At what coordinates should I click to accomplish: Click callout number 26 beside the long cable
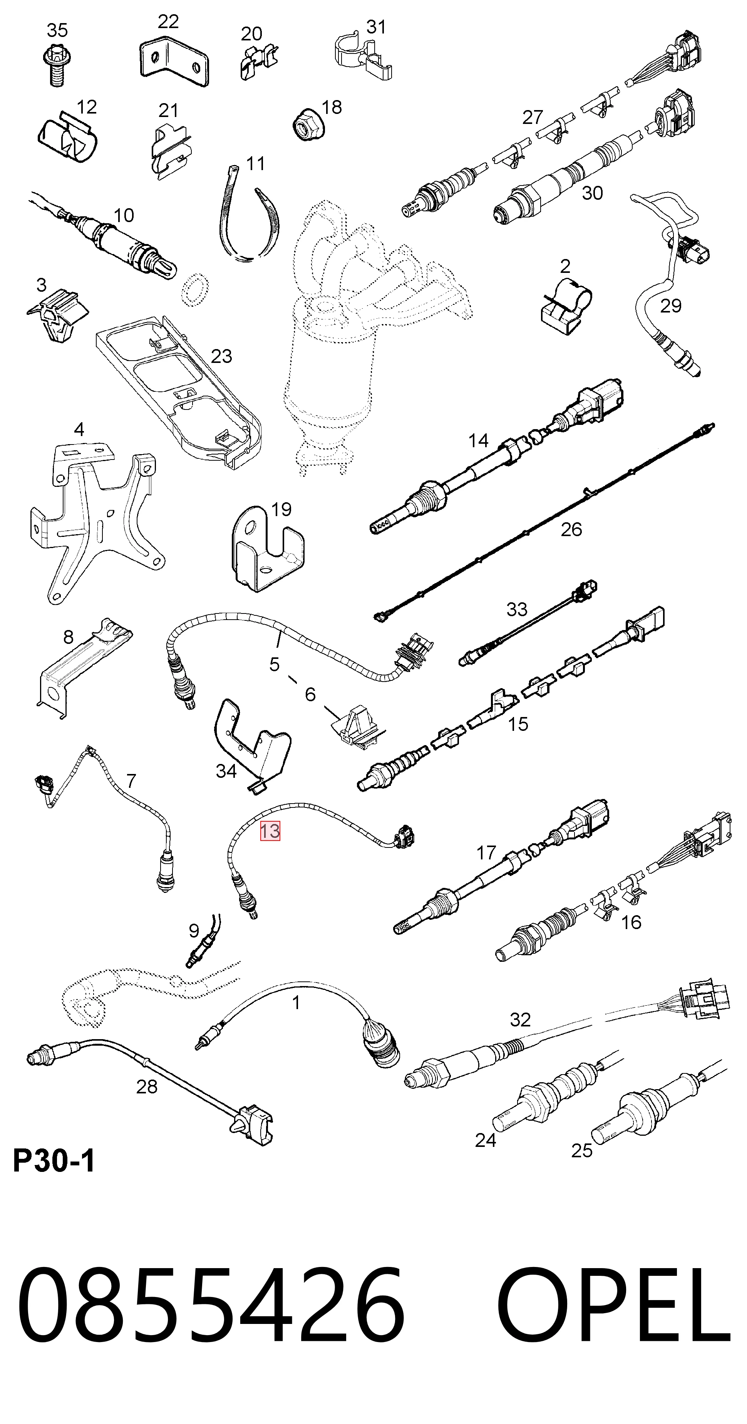[x=571, y=529]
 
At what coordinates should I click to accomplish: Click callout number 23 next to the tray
[x=221, y=356]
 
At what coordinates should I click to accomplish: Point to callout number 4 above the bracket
[x=79, y=429]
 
